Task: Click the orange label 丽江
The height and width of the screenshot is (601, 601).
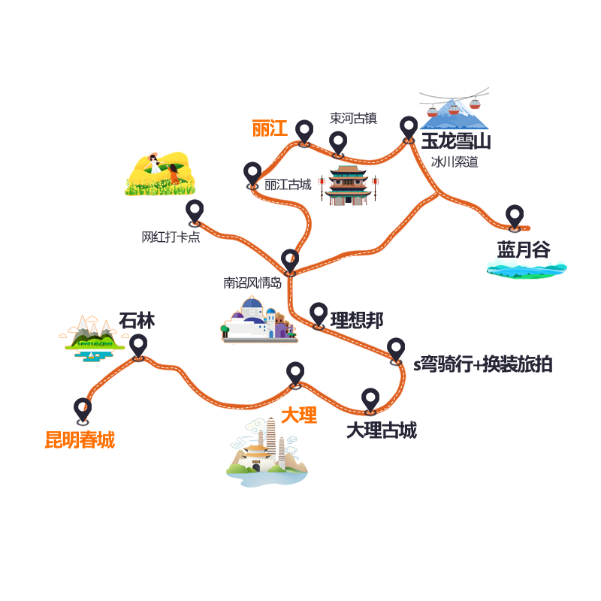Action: pos(270,128)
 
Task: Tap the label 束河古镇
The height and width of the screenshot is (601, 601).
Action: pos(353,118)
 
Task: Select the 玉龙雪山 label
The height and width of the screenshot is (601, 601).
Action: pos(456,141)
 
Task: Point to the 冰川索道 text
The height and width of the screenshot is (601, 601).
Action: pos(455,162)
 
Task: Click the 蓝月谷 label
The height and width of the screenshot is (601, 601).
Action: pos(524,249)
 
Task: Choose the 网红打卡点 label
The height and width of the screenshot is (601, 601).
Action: pos(171,237)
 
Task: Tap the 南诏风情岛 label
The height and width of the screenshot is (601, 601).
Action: pos(252,283)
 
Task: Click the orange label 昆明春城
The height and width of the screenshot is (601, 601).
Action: pos(80,439)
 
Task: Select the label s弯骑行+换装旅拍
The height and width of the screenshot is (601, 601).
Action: pos(482,364)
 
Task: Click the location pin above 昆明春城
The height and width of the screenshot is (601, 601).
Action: pos(83,411)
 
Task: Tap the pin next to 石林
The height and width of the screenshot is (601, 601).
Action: pos(138,347)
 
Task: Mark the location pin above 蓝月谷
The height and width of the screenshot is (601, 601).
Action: pos(515,218)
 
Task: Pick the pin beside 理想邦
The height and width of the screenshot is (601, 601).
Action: pos(319,316)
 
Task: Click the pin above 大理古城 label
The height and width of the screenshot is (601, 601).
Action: pos(370,401)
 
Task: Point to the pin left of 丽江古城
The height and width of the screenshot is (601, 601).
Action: pos(252,175)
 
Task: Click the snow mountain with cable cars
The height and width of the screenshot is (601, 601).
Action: pos(455,109)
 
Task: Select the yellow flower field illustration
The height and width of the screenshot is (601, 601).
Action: pos(160,174)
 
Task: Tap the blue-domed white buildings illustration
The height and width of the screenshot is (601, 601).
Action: pos(259,319)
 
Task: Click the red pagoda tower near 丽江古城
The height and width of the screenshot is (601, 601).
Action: pos(348,185)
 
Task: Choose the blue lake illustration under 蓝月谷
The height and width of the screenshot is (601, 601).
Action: pos(527,269)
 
